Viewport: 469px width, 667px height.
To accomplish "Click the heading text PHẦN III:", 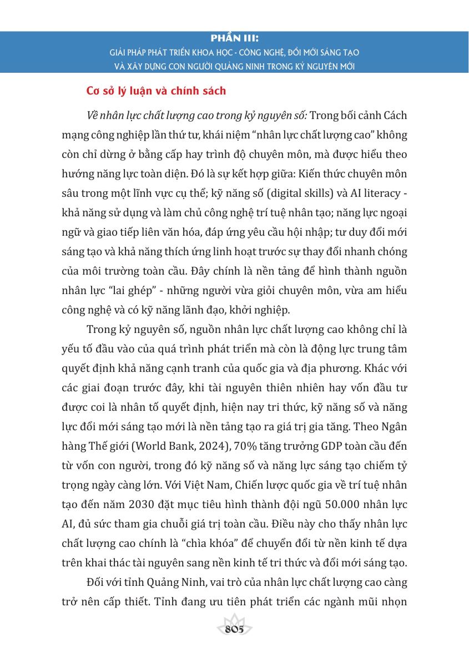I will [x=235, y=39].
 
